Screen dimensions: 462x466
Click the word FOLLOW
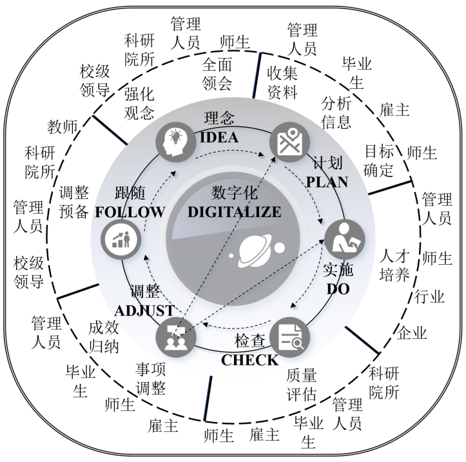[x=131, y=212]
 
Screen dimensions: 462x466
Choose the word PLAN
[x=327, y=181]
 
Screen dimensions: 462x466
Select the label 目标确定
[x=378, y=161]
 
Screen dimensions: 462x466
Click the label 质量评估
[x=301, y=385]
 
